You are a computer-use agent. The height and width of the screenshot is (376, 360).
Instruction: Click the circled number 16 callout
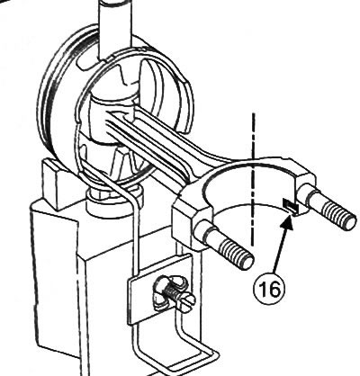pyautogui.click(x=269, y=289)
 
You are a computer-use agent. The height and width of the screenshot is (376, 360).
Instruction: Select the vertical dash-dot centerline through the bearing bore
pyautogui.click(x=253, y=179)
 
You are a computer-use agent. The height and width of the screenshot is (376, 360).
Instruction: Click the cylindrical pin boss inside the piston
pyautogui.click(x=111, y=119)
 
